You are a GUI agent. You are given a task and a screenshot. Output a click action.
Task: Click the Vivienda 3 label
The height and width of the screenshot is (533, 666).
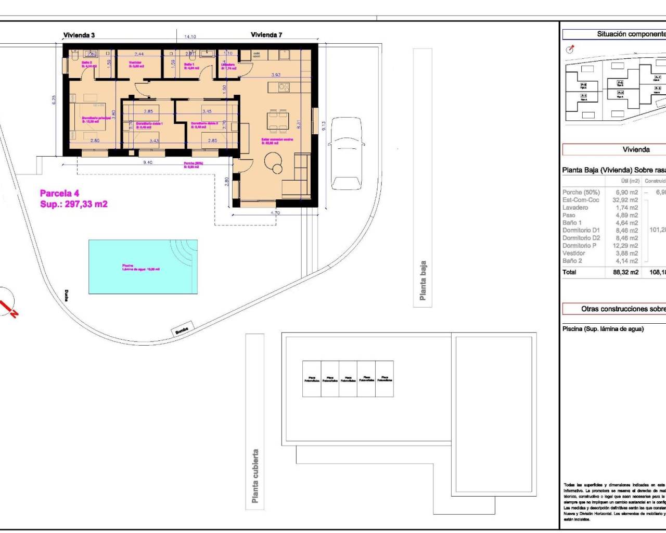coord(79,35)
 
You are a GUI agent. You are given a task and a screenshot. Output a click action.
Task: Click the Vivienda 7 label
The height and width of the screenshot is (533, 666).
coord(266,35)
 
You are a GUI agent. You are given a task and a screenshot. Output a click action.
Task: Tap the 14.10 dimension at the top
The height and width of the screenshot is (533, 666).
coord(190,37)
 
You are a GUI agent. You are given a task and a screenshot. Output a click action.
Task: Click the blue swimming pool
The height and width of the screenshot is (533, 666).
coord(143,266)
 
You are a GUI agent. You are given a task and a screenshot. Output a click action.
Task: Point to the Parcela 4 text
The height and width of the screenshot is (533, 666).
coord(59,194)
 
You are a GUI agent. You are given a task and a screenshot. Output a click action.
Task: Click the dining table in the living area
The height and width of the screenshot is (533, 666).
coord(276,121)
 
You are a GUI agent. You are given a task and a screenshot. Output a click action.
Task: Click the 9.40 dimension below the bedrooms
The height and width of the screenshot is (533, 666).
coord(148,162)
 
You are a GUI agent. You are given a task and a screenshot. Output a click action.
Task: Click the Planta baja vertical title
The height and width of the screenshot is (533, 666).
coord(423,281)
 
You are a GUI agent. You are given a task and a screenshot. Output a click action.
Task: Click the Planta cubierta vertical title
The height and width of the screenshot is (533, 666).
coord(255,476)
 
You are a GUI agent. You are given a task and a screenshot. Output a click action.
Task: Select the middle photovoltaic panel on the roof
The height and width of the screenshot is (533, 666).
coord(348,379)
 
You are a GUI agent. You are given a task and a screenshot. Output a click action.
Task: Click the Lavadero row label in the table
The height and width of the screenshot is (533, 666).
coord(575,208)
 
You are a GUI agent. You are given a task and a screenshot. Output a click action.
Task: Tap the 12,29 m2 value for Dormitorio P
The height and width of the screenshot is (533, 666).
coord(626,246)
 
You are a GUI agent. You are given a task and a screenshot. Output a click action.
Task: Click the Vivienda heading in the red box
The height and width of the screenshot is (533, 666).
coord(636,150)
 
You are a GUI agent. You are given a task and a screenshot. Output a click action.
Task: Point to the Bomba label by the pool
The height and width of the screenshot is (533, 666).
coord(182,329)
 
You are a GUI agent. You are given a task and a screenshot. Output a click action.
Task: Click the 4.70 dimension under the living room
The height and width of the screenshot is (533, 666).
coord(275,213)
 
